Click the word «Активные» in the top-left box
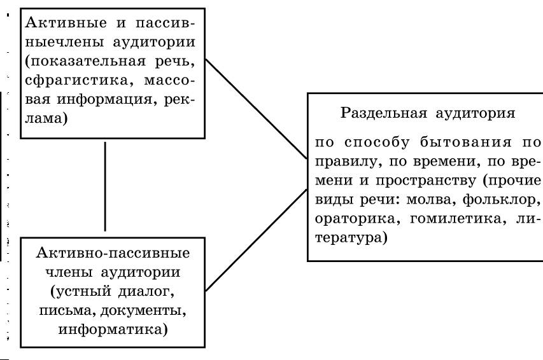pos(66,23)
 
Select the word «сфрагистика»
pos(76,80)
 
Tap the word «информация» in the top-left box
pos(104,99)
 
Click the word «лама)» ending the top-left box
pos(46,119)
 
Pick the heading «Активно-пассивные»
pos(113,253)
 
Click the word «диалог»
pos(146,291)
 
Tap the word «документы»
pos(143,311)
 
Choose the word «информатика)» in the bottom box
pos(113,329)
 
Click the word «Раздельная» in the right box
pos(384,113)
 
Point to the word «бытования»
pos(465,142)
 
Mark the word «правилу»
pos(348,162)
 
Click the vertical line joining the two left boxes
pos(105,186)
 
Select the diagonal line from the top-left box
pos(257,108)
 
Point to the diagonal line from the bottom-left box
pos(257,240)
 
